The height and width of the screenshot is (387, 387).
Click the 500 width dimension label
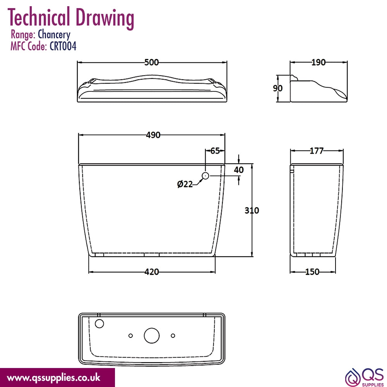pyautogui.click(x=151, y=62)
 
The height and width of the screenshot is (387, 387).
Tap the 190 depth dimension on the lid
pyautogui.click(x=319, y=62)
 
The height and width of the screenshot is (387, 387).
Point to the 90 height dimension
pyautogui.click(x=277, y=88)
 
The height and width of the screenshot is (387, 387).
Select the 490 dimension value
pyautogui.click(x=153, y=135)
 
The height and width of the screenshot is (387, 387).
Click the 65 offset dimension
pyautogui.click(x=215, y=151)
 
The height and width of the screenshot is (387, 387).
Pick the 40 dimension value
pyautogui.click(x=239, y=170)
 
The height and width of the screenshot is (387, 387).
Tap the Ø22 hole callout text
pyautogui.click(x=185, y=184)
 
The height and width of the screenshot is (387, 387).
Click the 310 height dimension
pyautogui.click(x=252, y=210)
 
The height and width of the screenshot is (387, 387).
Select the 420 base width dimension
pyautogui.click(x=152, y=272)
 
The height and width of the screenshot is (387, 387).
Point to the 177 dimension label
pyautogui.click(x=317, y=151)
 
